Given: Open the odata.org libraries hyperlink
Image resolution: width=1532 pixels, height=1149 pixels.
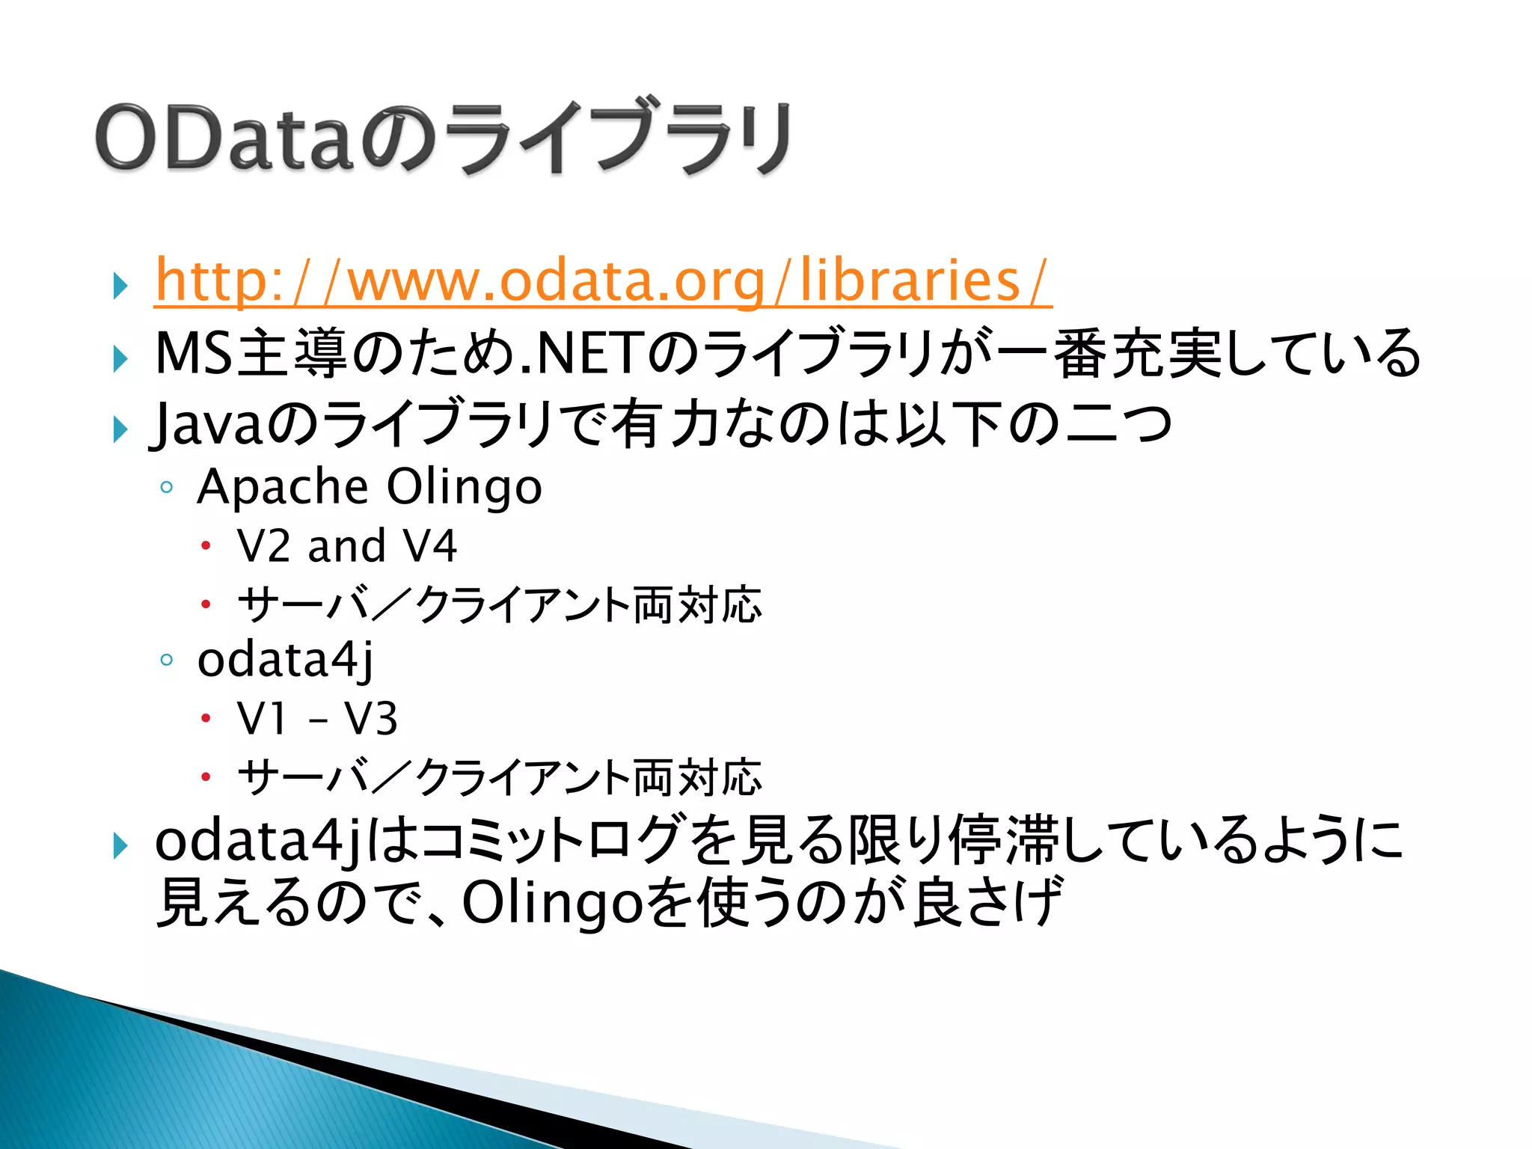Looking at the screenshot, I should coord(602,280).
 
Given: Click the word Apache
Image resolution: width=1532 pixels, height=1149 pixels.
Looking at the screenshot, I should coord(283,487).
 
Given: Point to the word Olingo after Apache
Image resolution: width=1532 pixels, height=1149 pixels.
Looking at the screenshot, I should coord(464,487).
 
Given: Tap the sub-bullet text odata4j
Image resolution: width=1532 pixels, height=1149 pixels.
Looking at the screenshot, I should coord(285,660).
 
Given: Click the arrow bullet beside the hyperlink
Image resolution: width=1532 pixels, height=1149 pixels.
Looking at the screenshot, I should coord(120,285).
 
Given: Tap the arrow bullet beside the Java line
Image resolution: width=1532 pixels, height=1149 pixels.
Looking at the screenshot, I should coord(120,429).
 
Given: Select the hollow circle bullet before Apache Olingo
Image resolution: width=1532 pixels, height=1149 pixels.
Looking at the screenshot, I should coord(167,488).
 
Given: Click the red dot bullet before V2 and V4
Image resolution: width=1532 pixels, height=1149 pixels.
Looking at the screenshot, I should coord(206,545).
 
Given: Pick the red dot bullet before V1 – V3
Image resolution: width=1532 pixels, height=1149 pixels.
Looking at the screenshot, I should coord(206,718).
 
